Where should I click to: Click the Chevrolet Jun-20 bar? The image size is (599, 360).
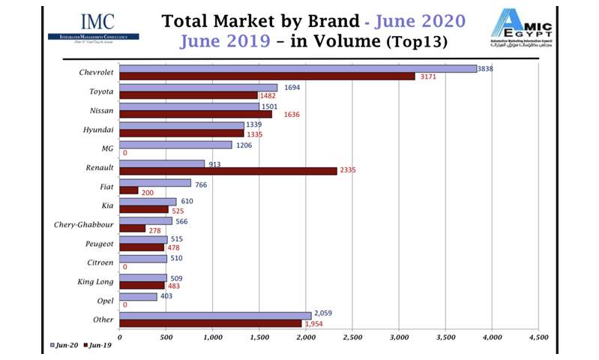298,68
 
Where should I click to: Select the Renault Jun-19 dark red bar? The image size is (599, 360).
228,171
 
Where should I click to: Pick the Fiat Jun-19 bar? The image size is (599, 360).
129,190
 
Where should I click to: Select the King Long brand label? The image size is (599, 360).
95,281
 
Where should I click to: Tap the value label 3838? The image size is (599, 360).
487,68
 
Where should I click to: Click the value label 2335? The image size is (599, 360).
347,171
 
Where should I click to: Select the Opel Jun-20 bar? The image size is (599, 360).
138,297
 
